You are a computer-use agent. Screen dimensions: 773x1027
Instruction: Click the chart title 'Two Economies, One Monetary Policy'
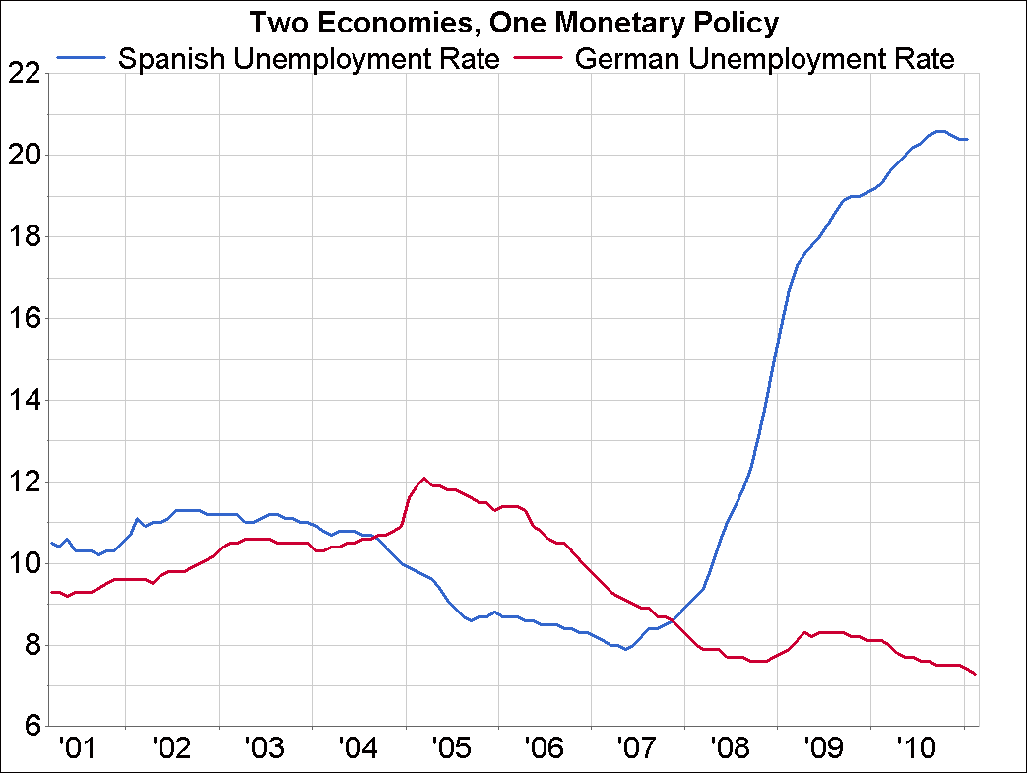click(x=513, y=22)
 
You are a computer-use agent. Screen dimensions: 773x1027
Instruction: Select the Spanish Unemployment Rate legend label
click(x=308, y=59)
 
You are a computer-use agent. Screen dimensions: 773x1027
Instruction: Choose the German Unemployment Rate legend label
click(x=764, y=59)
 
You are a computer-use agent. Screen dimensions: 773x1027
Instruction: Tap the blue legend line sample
click(x=83, y=59)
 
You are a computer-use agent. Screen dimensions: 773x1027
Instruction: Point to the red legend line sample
click(x=539, y=59)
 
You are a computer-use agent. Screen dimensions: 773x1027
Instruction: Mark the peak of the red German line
click(x=424, y=479)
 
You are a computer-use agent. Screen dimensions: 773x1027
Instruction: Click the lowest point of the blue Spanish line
click(x=625, y=649)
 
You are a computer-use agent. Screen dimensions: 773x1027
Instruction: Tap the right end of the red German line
click(x=975, y=674)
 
